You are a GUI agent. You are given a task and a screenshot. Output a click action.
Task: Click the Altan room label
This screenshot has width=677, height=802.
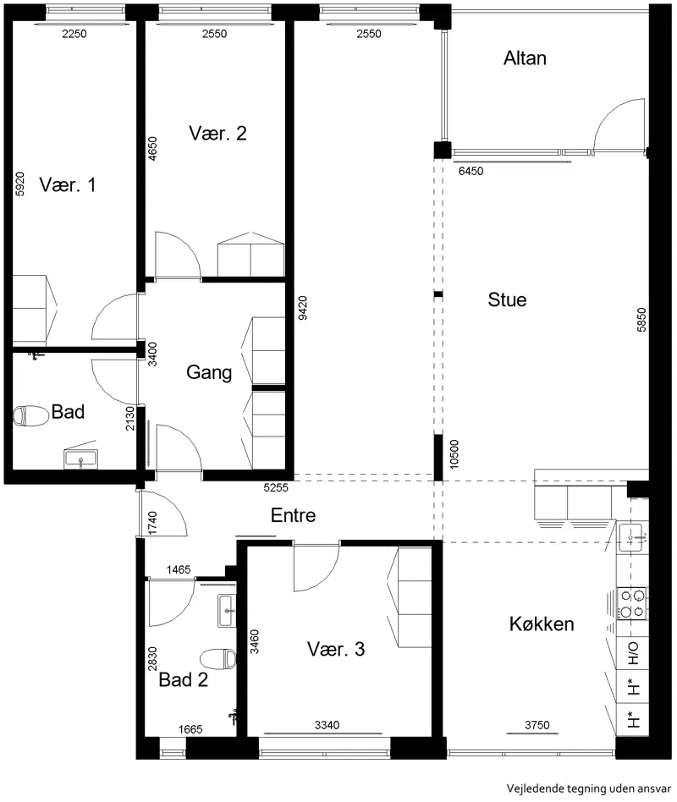coord(525,58)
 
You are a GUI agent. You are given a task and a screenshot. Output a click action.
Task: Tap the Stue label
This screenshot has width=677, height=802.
coord(507,299)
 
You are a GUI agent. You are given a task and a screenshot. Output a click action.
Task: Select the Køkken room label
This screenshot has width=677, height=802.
coord(542,624)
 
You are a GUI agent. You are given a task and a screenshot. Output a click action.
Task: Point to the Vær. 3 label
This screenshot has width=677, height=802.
coord(336,649)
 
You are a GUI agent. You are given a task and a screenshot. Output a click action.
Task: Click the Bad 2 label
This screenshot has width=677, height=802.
coord(183,680)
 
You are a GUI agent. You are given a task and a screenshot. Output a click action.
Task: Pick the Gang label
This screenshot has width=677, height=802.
coord(209,372)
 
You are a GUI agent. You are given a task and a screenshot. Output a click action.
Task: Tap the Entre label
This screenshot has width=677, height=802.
coord(293,515)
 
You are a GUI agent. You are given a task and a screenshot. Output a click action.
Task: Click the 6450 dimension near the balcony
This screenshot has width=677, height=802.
coord(471,171)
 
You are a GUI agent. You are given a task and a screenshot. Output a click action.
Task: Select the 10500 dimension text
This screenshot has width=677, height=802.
coord(454,454)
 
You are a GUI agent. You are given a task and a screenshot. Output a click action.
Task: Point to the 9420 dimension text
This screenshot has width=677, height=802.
coord(302,308)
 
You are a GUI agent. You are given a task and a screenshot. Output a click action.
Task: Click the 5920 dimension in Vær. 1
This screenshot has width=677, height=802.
coord(19,184)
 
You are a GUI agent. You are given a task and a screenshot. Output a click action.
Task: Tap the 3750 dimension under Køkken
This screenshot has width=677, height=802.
coord(537,725)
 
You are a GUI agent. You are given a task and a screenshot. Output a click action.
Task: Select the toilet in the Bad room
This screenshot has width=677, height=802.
coord(30,415)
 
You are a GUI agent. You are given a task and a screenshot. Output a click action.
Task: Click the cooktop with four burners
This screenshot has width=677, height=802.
coord(631,603)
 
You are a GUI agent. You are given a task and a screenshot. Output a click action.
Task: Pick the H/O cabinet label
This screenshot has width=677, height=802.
coord(634,653)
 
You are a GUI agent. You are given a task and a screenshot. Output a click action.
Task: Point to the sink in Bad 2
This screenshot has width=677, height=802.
coord(227,611)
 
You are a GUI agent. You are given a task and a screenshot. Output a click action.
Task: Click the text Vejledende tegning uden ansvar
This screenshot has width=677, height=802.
coord(588,788)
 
